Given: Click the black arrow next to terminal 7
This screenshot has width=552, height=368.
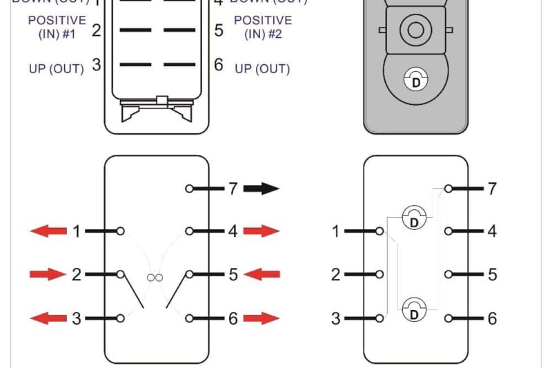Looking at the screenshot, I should pyautogui.click(x=261, y=188).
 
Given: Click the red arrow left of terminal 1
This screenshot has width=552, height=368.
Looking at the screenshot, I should pyautogui.click(x=48, y=231).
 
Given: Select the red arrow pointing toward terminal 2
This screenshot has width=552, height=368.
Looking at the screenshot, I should pyautogui.click(x=48, y=275).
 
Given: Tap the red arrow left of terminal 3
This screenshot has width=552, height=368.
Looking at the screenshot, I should pyautogui.click(x=48, y=318).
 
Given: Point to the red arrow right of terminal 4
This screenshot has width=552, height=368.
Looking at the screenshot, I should pyautogui.click(x=262, y=231).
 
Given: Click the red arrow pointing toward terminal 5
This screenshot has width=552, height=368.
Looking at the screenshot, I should pyautogui.click(x=262, y=275).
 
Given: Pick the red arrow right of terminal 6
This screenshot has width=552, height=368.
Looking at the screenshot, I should pyautogui.click(x=262, y=318).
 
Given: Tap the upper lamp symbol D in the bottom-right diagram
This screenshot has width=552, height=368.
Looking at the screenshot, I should pyautogui.click(x=414, y=218).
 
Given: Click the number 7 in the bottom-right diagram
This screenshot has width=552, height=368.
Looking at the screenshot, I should pyautogui.click(x=492, y=188).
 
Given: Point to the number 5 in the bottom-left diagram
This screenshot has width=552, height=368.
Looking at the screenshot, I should pyautogui.click(x=233, y=275).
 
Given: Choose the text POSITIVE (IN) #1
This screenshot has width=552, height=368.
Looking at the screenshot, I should pyautogui.click(x=57, y=27).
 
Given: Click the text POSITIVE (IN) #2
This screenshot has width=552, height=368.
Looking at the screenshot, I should pyautogui.click(x=262, y=27).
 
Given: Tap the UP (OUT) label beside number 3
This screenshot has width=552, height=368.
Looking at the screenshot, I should pyautogui.click(x=56, y=68).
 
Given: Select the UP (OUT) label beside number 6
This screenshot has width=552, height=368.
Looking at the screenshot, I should pyautogui.click(x=262, y=68).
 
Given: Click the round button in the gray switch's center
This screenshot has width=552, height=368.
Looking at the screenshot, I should pyautogui.click(x=415, y=30).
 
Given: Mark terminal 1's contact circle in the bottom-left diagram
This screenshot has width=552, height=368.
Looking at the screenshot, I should pyautogui.click(x=121, y=231).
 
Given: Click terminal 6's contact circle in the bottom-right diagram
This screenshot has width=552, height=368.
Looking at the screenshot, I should pyautogui.click(x=449, y=318).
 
